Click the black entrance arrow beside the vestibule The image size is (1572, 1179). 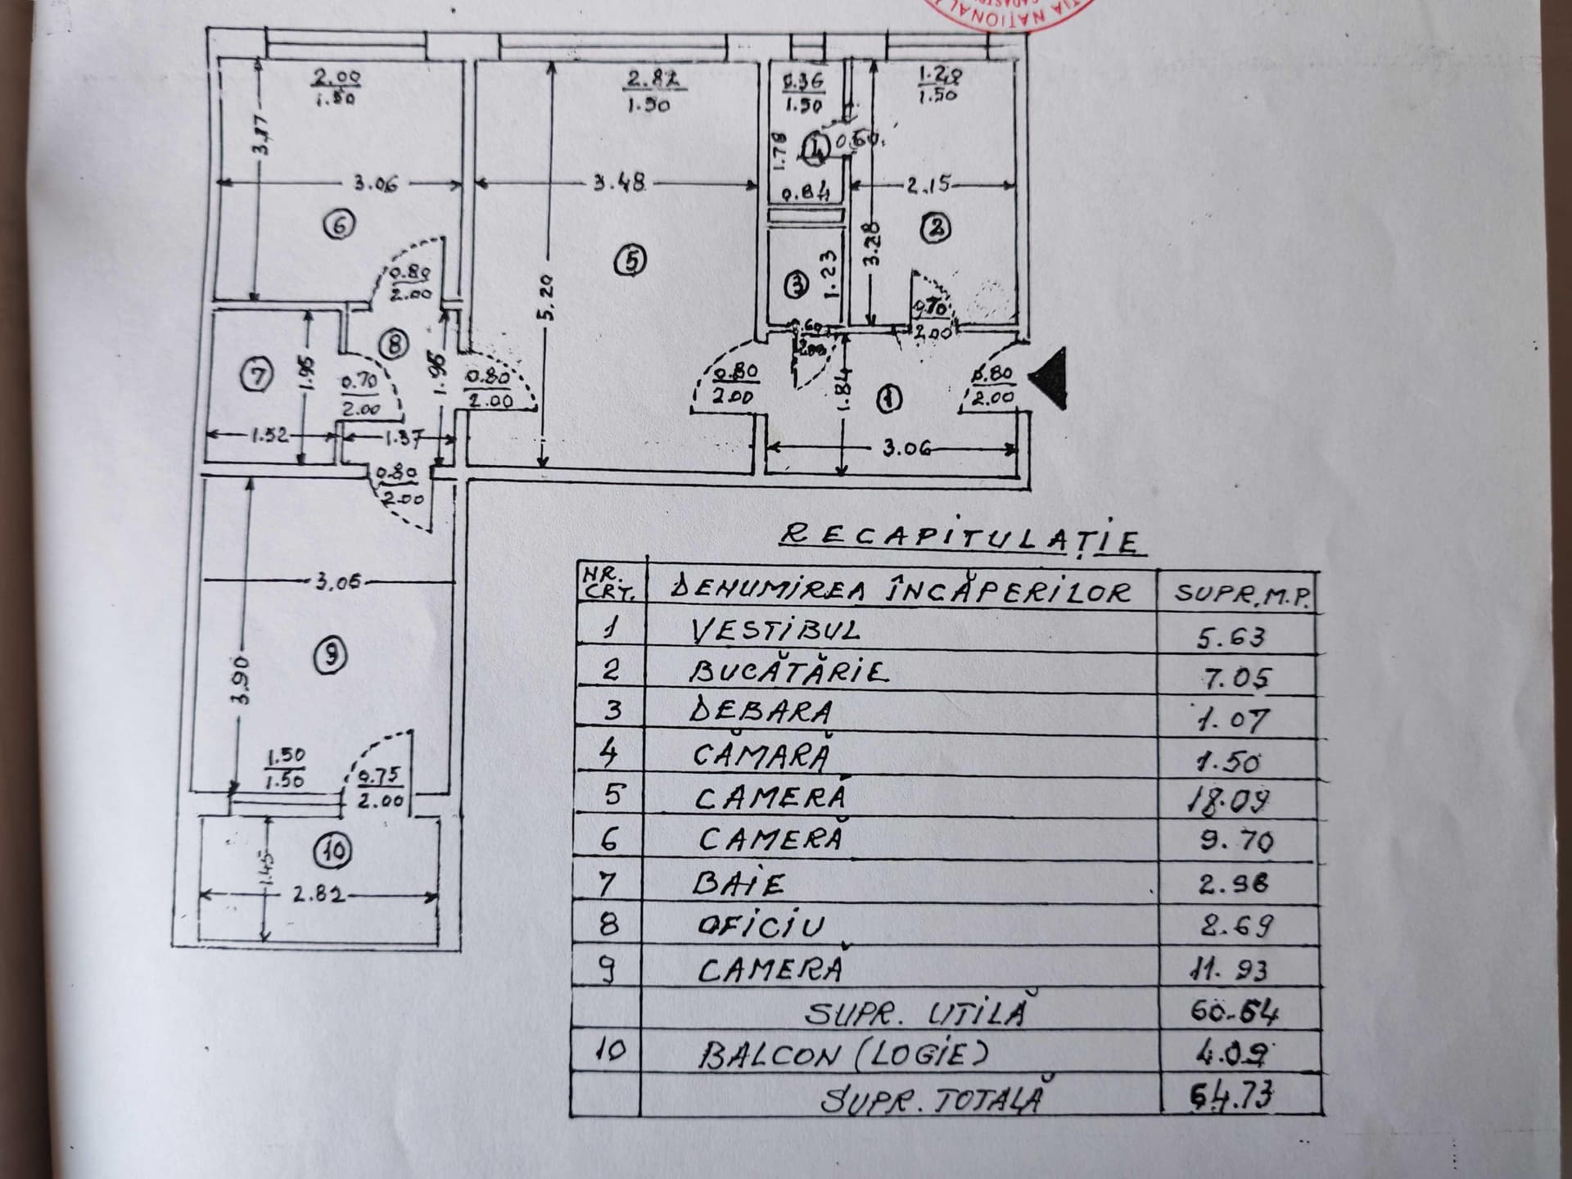pos(1049,377)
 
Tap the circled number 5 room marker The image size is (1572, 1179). pos(630,261)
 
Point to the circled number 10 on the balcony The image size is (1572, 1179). pos(334,851)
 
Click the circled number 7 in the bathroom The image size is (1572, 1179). pos(256,376)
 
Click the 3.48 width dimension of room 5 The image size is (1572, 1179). pos(619,183)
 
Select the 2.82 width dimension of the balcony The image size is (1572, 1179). pos(317,895)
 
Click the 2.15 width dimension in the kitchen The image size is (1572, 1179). pos(929,184)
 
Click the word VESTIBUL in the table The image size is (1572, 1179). pos(775,630)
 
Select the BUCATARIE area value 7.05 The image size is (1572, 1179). pos(1236,678)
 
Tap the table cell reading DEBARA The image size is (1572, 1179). pos(761,711)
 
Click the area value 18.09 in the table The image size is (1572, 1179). pos(1228,800)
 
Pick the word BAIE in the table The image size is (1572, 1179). pos(738,883)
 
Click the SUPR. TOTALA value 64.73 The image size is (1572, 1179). pos(1231,1096)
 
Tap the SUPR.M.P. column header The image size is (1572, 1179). pos(1242,594)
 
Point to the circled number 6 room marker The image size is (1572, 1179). pos(339,224)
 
